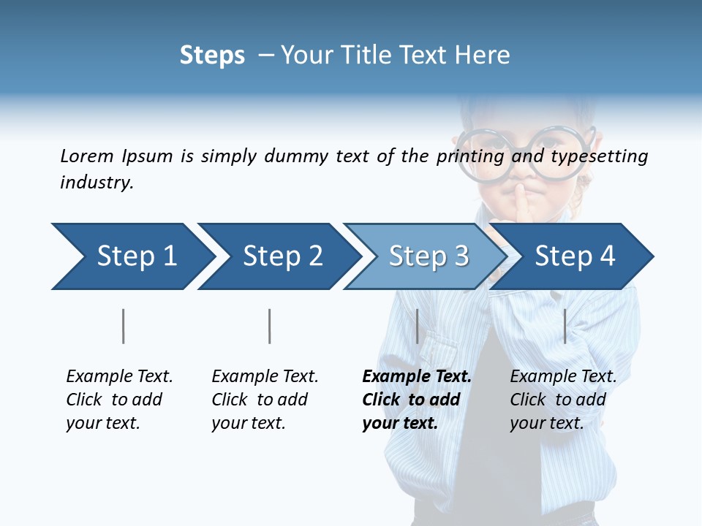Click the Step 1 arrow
[x=132, y=256]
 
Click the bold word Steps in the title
[x=212, y=56]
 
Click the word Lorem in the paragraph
[x=87, y=156]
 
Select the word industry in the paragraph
[x=96, y=183]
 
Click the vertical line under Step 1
[x=123, y=326]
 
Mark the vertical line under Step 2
[x=269, y=326]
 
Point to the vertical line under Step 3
[x=417, y=326]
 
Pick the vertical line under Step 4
[x=565, y=326]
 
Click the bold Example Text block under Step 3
[x=416, y=400]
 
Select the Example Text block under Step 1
[x=119, y=400]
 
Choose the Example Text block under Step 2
[x=265, y=400]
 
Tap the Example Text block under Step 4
[x=563, y=400]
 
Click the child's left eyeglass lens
[x=484, y=153]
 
